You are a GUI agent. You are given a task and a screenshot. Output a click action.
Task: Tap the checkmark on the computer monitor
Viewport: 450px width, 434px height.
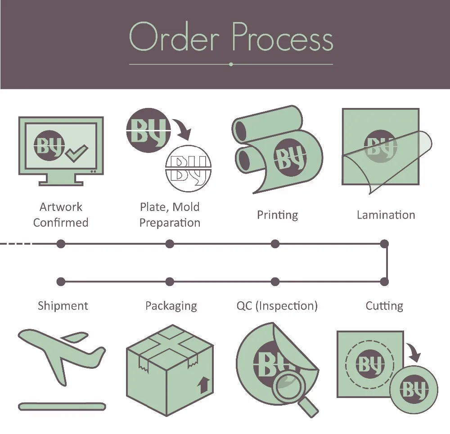pos(77,153)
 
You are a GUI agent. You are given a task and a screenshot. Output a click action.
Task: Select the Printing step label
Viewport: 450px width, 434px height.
pos(277,215)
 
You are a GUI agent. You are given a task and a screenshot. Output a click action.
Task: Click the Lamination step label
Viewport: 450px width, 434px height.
pos(386,215)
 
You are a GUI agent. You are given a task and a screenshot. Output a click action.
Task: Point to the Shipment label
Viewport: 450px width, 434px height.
pos(63,306)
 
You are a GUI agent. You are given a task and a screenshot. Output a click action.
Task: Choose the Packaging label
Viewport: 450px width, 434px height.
pos(171,306)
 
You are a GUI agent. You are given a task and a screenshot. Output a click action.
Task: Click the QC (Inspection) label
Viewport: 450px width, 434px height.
pos(277,306)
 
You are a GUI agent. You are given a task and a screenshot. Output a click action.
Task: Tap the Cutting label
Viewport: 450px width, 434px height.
pos(384,306)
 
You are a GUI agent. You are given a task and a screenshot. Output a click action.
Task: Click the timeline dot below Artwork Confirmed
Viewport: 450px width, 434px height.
pos(61,244)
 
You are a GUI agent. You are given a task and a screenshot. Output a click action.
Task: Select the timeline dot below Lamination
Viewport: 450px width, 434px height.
pos(384,244)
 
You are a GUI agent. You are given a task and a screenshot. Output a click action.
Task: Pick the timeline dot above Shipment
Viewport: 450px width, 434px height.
pos(61,282)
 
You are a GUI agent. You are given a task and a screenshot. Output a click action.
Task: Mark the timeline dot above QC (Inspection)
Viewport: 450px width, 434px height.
pos(275,282)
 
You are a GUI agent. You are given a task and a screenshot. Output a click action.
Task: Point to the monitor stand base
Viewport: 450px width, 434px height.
pos(61,182)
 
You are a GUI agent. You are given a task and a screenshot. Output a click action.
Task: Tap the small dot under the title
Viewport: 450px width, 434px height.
pos(231,64)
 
